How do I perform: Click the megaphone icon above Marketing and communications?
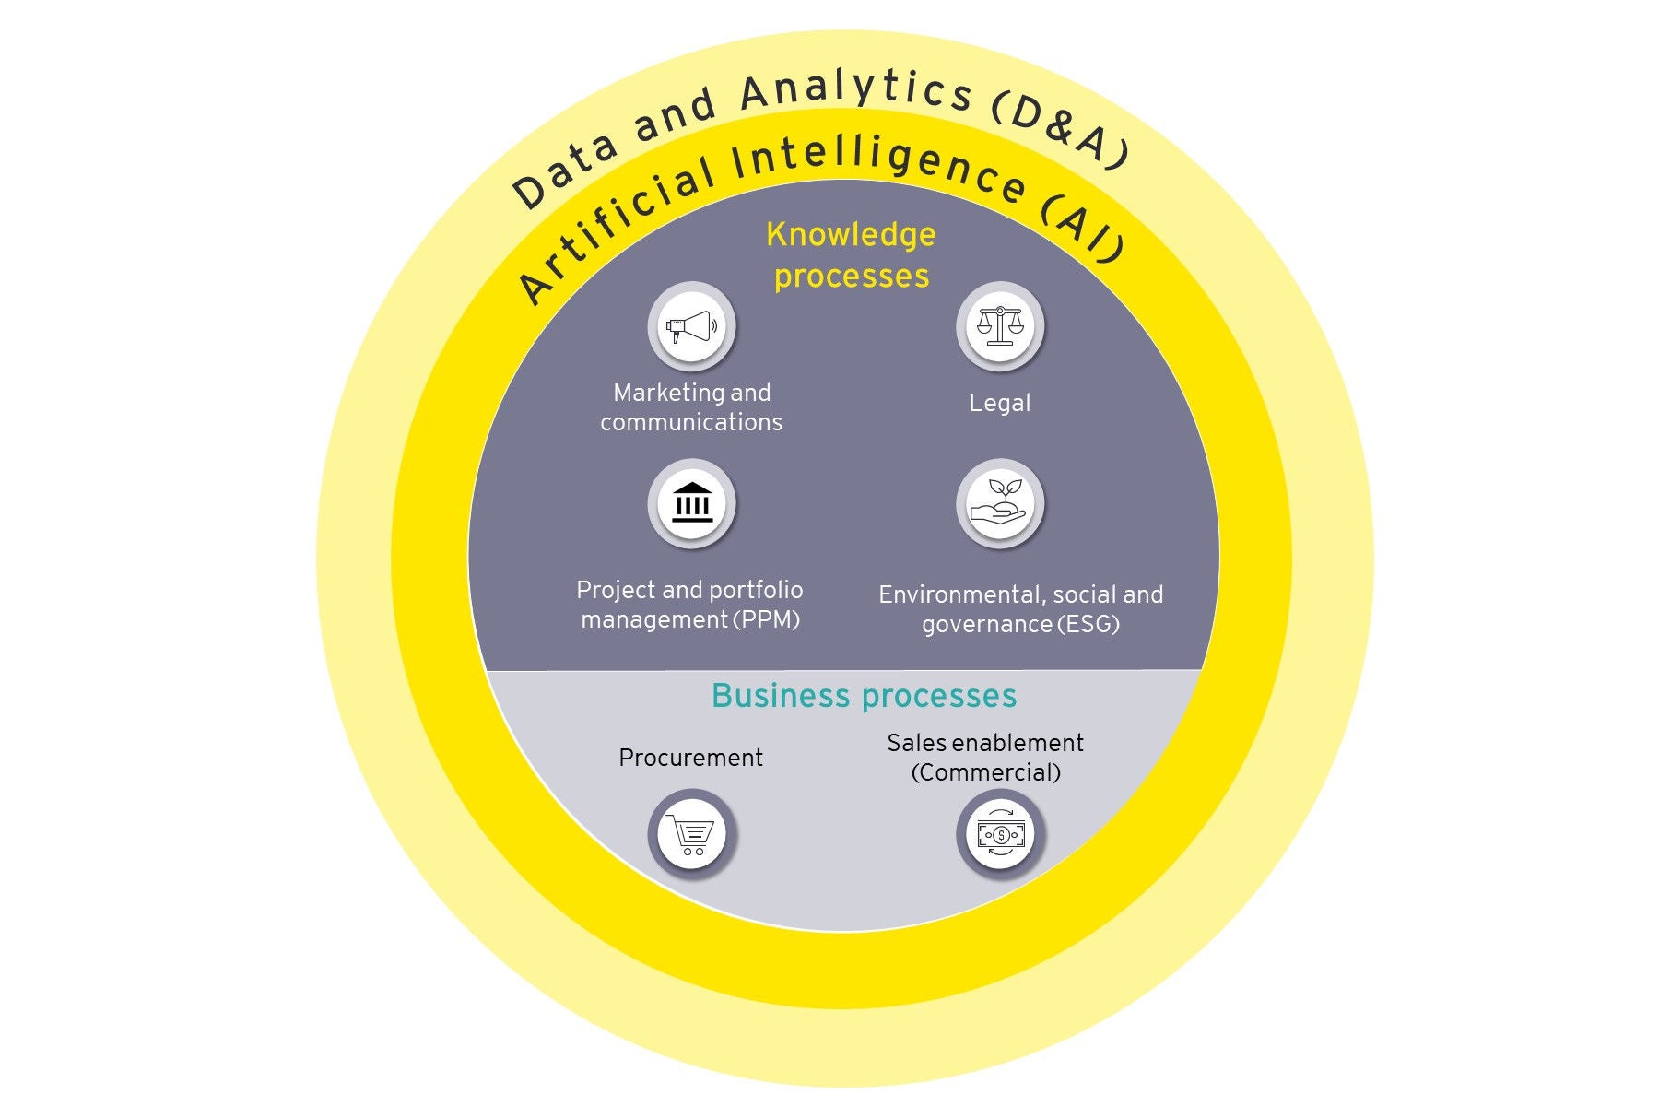(691, 326)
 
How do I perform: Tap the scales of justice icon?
(1000, 325)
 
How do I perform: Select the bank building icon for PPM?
(691, 503)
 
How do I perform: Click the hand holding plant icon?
(1000, 503)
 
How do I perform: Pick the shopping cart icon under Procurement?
(691, 833)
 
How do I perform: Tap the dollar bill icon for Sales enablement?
(1000, 834)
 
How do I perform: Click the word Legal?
(1000, 403)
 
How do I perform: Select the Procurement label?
(691, 758)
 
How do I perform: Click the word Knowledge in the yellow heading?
(851, 235)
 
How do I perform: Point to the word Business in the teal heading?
(781, 696)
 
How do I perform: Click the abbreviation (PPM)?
(767, 619)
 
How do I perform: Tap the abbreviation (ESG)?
(1088, 624)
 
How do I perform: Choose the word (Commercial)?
(986, 772)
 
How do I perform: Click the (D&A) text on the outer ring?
(1060, 134)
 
